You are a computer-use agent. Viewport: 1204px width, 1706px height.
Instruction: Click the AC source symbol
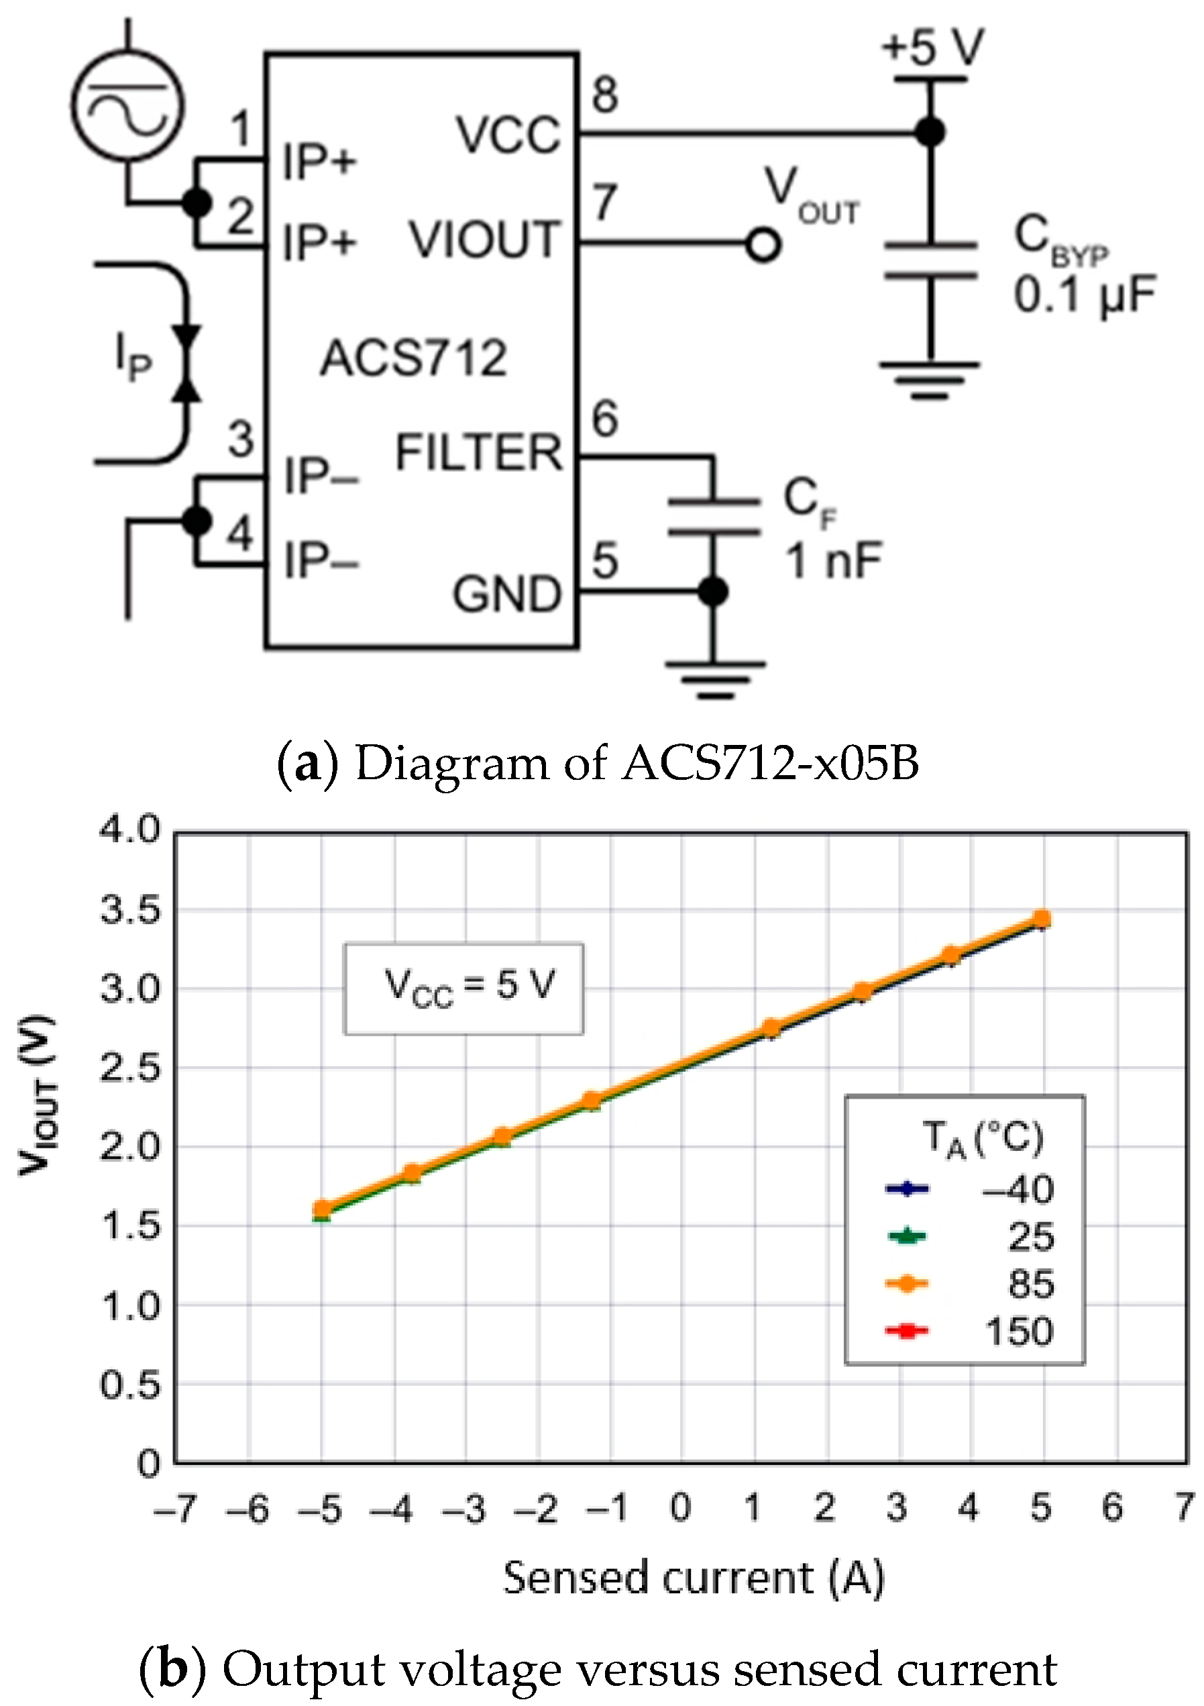point(127,104)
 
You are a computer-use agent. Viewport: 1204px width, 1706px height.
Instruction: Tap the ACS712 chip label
point(413,358)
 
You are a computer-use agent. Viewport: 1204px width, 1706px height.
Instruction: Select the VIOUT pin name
point(484,240)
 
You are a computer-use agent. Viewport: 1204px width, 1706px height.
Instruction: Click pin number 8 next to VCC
point(604,95)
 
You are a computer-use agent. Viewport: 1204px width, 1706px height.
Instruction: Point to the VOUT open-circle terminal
point(763,244)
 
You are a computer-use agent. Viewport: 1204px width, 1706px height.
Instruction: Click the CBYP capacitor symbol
point(929,260)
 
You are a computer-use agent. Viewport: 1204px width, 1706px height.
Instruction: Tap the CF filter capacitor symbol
point(713,516)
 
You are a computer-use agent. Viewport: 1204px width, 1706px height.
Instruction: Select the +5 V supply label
point(932,47)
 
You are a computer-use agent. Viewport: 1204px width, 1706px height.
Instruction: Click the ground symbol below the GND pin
point(714,679)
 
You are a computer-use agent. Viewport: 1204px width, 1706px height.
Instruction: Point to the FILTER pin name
point(478,452)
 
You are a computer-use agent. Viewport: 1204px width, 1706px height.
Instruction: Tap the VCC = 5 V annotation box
point(463,988)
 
